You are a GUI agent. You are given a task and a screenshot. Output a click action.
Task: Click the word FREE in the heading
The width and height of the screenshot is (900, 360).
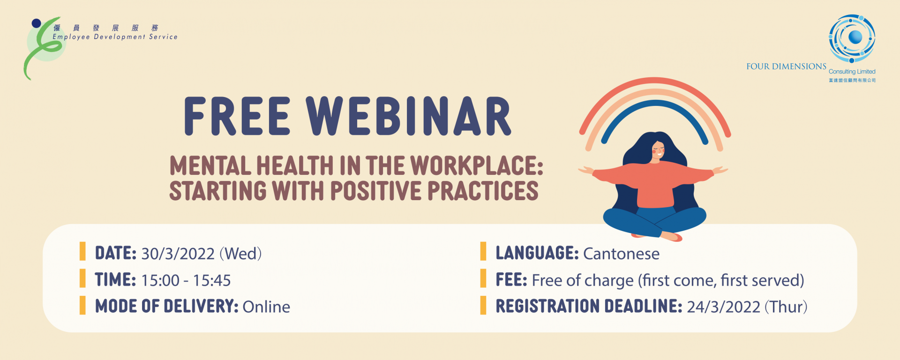237,116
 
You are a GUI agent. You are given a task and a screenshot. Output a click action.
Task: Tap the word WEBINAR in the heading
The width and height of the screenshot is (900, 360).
409,116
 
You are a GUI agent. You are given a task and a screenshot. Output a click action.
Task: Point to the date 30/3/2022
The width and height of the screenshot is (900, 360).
178,254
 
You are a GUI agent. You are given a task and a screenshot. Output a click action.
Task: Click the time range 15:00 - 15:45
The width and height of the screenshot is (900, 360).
186,280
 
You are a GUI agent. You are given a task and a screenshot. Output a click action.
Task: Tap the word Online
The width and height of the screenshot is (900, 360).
266,307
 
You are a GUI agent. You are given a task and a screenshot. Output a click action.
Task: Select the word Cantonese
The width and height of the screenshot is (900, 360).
621,254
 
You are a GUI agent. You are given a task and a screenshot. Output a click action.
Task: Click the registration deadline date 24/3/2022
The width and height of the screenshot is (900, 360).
723,307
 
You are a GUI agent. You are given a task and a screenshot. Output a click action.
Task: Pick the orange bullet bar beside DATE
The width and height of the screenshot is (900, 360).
82,251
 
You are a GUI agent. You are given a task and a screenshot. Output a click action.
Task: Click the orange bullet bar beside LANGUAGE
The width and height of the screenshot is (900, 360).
483,251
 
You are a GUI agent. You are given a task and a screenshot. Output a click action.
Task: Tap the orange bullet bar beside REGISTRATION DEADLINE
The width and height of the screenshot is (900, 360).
483,305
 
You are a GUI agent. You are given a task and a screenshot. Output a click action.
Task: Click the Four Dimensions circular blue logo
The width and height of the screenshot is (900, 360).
852,38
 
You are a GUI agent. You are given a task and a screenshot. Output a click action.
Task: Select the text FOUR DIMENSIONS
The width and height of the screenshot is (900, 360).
786,67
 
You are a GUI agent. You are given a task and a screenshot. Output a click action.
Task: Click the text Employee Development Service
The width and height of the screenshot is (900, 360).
115,37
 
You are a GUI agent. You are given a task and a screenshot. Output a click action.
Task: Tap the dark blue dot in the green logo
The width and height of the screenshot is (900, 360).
36,23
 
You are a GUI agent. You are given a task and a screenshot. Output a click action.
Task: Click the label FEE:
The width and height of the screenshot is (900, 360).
511,280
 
